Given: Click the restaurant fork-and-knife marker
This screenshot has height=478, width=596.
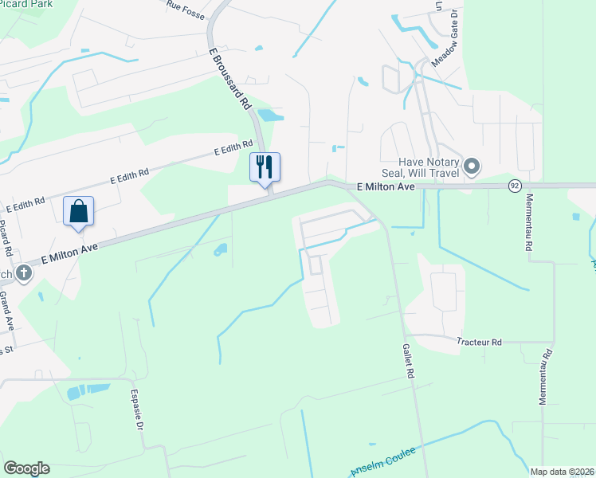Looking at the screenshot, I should (265, 167).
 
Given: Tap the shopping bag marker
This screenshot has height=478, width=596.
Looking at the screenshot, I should (78, 211).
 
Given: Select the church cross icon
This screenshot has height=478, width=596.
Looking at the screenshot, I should (24, 273).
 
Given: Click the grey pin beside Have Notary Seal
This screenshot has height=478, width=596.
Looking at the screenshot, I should (472, 167).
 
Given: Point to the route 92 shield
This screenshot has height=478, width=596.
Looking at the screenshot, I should (516, 185).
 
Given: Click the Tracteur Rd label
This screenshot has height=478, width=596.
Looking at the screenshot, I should (479, 342).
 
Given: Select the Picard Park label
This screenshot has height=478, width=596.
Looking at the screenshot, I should (22, 4).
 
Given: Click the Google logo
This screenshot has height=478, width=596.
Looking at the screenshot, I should (26, 468).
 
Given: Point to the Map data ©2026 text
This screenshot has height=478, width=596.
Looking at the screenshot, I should (563, 472).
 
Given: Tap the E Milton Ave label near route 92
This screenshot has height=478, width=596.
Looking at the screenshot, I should (386, 186).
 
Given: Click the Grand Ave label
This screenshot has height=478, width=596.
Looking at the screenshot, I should (6, 311).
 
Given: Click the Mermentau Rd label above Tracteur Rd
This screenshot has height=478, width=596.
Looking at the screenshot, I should (527, 224).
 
